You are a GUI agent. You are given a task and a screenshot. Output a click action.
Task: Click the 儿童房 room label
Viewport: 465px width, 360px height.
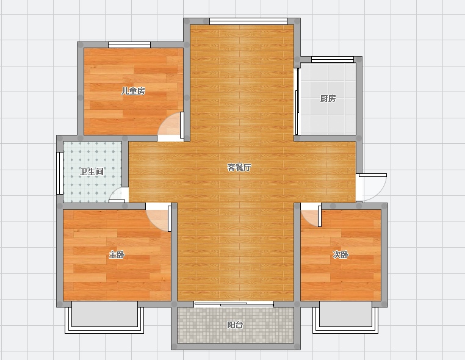133,91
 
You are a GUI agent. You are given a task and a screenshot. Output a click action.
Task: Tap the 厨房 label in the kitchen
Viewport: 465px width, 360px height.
328,98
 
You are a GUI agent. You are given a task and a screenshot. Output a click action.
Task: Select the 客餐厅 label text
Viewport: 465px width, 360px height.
239,167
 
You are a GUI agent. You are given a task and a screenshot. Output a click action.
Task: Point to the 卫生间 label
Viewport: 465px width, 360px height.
92,171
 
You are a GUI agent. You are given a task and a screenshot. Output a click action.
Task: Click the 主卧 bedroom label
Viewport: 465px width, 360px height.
117,254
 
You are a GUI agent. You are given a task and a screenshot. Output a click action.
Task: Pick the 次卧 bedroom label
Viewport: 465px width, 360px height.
340,254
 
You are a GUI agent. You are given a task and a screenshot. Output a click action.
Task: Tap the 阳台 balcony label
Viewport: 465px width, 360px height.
235,325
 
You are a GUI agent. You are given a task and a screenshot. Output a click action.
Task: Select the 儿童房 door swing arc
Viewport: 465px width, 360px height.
163,121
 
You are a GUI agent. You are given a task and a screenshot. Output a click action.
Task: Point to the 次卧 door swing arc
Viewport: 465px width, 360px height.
306,221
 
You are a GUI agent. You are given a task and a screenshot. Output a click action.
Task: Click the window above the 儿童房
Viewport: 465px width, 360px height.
129,45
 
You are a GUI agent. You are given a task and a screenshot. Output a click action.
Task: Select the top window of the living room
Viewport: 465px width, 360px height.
248,21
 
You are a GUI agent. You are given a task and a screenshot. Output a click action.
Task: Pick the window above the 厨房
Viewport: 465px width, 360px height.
333,59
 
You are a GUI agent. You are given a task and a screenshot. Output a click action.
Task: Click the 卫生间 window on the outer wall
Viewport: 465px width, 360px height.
60,173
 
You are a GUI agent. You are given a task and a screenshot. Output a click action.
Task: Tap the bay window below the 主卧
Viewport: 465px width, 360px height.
104,317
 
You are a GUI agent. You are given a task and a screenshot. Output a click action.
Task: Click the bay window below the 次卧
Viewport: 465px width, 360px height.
345,317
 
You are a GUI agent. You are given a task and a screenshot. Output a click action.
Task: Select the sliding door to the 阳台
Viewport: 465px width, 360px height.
234,304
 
